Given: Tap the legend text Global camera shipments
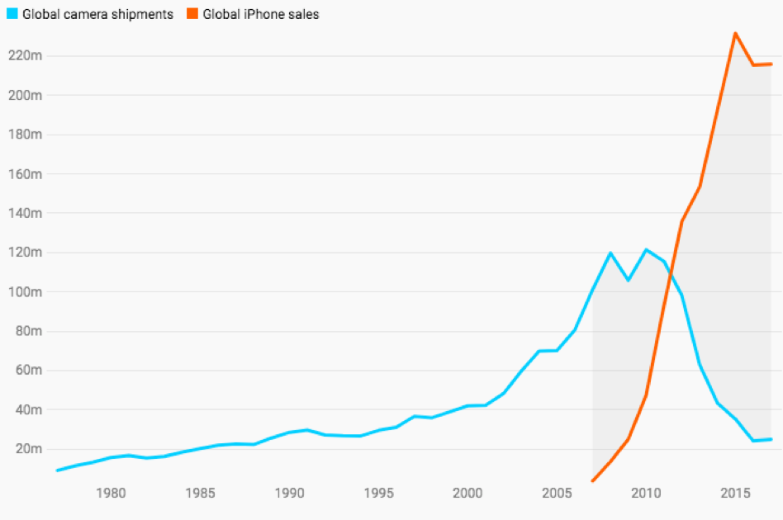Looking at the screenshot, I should [x=98, y=14].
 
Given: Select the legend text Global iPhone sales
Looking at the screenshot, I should [x=261, y=14].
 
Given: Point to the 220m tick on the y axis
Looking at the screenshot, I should [x=25, y=56].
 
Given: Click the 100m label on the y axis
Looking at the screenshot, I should [x=25, y=292].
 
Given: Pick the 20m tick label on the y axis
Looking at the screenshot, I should [x=27, y=449].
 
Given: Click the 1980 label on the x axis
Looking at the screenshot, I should [x=111, y=494].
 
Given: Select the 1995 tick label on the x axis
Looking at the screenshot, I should [x=378, y=494].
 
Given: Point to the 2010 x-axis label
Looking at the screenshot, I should [x=646, y=494].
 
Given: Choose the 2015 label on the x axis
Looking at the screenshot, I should [x=735, y=494].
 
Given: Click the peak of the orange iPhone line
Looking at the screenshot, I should [x=735, y=34].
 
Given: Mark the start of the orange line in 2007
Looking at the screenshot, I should [x=593, y=480].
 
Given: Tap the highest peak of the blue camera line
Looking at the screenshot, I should [x=646, y=249].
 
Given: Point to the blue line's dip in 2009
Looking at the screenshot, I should [x=628, y=280].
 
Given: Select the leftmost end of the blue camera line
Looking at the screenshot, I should [x=57, y=470].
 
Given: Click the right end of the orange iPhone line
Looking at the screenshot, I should [x=771, y=64].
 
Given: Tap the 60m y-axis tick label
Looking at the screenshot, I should [x=27, y=371].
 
